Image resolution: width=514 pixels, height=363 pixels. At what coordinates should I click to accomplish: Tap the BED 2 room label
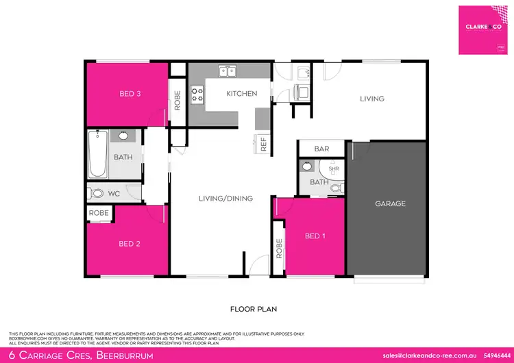pyautogui.click(x=129, y=244)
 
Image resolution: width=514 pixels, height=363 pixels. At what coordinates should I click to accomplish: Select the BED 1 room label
pyautogui.click(x=315, y=236)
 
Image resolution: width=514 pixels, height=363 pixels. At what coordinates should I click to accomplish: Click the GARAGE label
pyautogui.click(x=390, y=203)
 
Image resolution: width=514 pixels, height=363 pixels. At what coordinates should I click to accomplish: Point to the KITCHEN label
pyautogui.click(x=241, y=94)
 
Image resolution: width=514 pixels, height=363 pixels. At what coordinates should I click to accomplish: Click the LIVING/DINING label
pyautogui.click(x=225, y=199)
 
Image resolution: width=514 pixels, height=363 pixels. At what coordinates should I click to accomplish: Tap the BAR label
pyautogui.click(x=322, y=149)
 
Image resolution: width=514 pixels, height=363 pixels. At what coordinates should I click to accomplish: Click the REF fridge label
pyautogui.click(x=263, y=144)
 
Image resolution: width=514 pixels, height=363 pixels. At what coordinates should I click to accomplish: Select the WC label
pyautogui.click(x=114, y=194)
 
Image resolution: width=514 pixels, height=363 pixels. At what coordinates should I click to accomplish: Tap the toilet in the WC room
pyautogui.click(x=97, y=194)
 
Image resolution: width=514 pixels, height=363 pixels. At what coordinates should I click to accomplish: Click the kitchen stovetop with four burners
pyautogui.click(x=197, y=94)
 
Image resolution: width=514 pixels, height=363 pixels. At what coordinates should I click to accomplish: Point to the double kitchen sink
pyautogui.click(x=227, y=70)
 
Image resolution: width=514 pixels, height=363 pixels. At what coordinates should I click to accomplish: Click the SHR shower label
pyautogui.click(x=334, y=168)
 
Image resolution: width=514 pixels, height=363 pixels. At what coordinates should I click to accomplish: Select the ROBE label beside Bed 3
pyautogui.click(x=178, y=101)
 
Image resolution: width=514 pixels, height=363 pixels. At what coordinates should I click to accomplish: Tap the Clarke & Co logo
pyautogui.click(x=482, y=30)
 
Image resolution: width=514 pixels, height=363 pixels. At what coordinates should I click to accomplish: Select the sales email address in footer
pyautogui.click(x=426, y=356)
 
